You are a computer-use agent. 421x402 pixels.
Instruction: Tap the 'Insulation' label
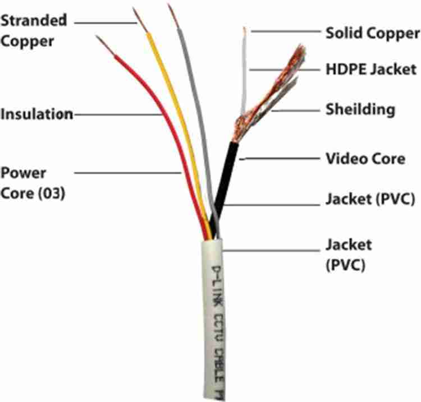point(37,114)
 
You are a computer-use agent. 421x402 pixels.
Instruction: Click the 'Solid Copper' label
point(372,33)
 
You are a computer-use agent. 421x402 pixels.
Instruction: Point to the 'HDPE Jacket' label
point(371,70)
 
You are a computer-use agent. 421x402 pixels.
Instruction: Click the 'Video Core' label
point(365,159)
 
